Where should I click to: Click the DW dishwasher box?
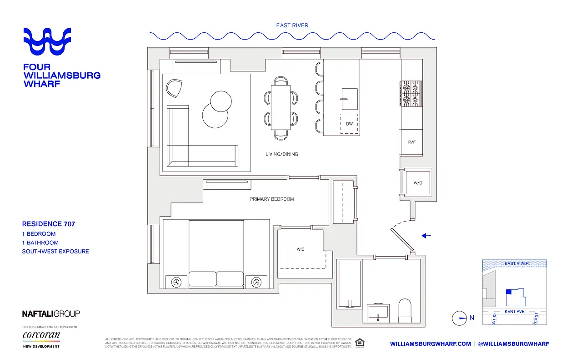pos(349,124)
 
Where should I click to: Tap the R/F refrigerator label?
pos(411,142)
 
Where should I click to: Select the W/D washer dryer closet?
pos(417,183)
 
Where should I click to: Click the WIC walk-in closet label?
pos(301,249)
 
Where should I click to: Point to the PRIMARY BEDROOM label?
pos(272,199)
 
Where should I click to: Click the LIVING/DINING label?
pos(282,154)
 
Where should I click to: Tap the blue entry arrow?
pos(426,236)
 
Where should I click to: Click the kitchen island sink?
pos(349,98)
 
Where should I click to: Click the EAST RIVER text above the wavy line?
pos(292,25)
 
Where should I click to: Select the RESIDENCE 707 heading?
pos(49,224)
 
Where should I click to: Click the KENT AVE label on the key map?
pos(515,312)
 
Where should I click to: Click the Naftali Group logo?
pos(51,313)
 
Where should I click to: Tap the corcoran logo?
pos(41,336)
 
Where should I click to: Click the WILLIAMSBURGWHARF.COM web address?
pos(431,344)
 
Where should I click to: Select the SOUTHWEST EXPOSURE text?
pos(55,251)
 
